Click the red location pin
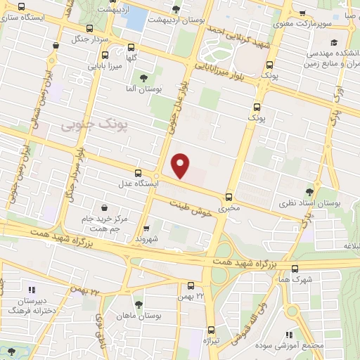coord(181,165)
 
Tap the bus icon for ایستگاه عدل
coord(138,173)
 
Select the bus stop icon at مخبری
coord(229,198)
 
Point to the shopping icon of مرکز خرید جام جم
coord(105,207)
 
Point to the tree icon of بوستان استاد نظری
coord(311,191)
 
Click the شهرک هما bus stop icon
coord(295,268)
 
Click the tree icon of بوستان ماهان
coord(138,304)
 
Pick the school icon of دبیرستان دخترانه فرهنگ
coord(30,289)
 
